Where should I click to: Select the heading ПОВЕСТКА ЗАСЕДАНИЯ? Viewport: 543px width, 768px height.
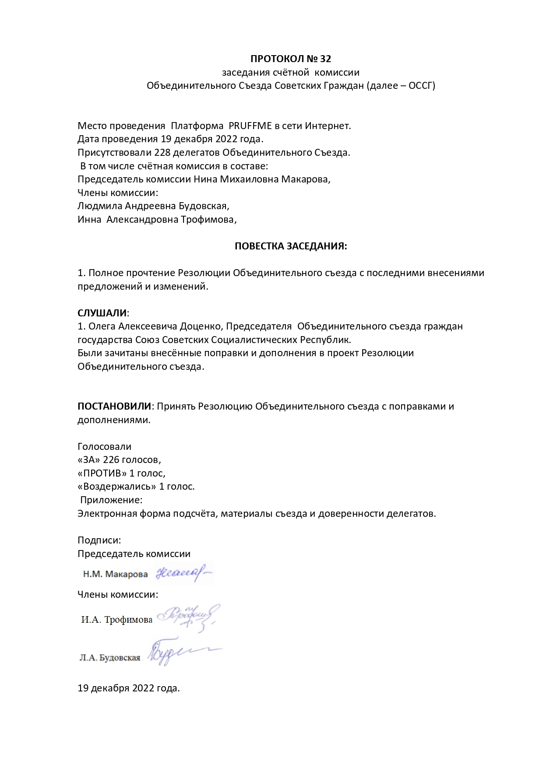291,246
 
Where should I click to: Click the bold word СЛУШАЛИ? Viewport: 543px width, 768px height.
102,313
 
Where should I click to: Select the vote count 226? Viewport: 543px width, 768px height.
111,460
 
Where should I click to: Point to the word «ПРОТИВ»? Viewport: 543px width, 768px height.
102,473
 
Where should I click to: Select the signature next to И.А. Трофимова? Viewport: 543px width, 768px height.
188,617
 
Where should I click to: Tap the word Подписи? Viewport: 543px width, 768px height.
99,540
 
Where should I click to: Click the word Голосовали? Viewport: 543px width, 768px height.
104,446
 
